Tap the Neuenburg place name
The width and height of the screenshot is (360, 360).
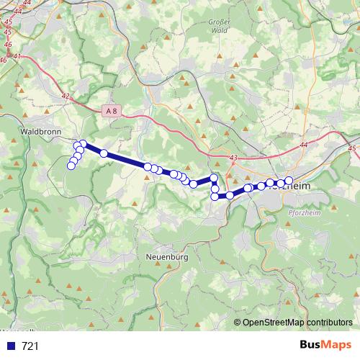click(166, 256)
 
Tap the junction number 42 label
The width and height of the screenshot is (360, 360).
click(66, 95)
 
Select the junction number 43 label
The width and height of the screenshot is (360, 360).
click(232, 158)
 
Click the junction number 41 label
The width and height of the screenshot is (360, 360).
click(17, 56)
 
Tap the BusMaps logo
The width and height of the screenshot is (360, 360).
click(325, 346)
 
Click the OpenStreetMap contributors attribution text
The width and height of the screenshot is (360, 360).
click(297, 323)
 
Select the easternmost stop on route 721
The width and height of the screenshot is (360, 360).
click(289, 181)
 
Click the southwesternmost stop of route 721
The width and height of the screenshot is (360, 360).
click(71, 166)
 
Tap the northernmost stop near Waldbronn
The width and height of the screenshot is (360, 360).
click(83, 144)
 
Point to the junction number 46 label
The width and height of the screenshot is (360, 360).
click(8, 44)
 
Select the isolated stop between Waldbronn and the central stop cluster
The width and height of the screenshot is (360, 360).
click(104, 153)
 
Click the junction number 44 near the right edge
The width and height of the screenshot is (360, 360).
click(303, 145)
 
